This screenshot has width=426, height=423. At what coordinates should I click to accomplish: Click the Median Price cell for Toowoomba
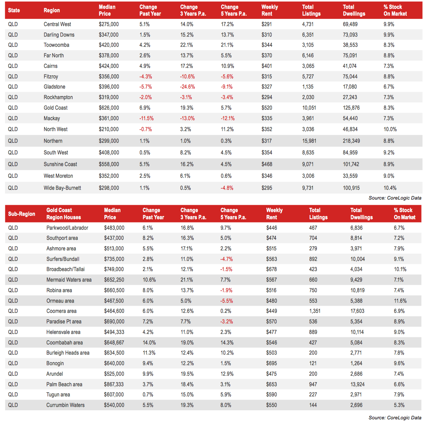[x=109, y=45]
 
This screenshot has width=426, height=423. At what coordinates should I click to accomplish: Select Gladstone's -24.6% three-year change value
[x=187, y=87]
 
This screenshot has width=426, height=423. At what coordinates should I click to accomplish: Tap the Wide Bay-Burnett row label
[x=62, y=188]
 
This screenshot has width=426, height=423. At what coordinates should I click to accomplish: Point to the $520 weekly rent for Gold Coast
[x=267, y=108]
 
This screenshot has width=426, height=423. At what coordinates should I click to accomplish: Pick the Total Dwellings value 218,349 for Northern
[x=351, y=141]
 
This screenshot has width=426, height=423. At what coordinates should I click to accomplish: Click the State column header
[x=14, y=10]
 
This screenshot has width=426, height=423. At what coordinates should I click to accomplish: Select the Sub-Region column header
[x=21, y=214]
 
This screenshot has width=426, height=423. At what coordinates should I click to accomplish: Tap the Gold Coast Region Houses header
[x=64, y=214]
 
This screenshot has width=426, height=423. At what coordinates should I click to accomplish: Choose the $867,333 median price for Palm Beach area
[x=114, y=384]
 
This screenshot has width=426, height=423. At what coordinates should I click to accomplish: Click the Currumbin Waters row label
[x=65, y=405]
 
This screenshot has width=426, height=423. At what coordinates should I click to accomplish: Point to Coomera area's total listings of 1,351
[x=315, y=311]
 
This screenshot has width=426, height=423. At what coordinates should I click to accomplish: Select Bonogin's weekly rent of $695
[x=271, y=364]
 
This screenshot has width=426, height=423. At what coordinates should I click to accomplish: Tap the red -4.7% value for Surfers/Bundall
[x=227, y=259]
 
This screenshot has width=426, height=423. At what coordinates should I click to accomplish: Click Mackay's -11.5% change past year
[x=146, y=119]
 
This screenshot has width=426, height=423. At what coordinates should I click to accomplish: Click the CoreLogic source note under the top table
[x=395, y=198]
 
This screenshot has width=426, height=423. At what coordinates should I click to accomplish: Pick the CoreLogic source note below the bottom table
[x=395, y=418]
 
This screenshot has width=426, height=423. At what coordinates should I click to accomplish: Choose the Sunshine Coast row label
[x=60, y=164]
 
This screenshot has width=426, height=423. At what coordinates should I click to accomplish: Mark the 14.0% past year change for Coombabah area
[x=149, y=342]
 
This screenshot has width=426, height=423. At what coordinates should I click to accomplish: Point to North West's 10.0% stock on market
[x=390, y=129]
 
